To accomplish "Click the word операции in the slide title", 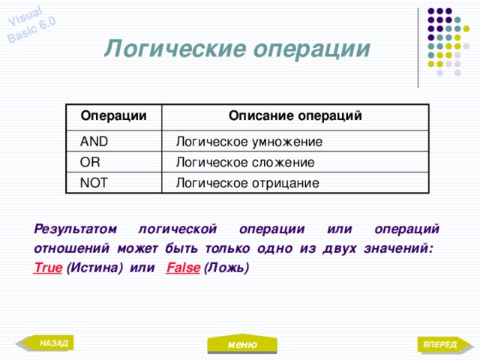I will pyautogui.click(x=313, y=49).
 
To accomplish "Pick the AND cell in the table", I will pyautogui.click(x=94, y=141).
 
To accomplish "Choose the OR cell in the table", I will pyautogui.click(x=90, y=161).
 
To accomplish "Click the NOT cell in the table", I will pyautogui.click(x=94, y=182).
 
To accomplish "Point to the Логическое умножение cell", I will pyautogui.click(x=249, y=141).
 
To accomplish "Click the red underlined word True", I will pyautogui.click(x=47, y=268).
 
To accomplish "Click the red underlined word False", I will pyautogui.click(x=182, y=268).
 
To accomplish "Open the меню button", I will pyautogui.click(x=243, y=344).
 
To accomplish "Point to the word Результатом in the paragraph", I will pyautogui.click(x=76, y=228).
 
